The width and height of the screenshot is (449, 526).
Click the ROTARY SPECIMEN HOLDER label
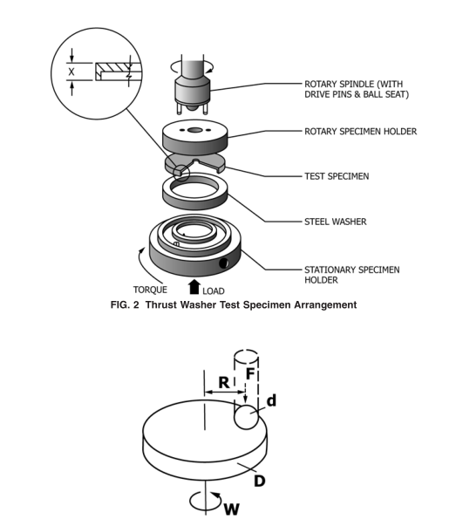click(360, 131)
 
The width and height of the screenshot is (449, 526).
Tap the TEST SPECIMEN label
click(337, 176)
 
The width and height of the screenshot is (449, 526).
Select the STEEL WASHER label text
click(336, 222)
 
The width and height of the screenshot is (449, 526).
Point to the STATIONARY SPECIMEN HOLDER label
click(351, 275)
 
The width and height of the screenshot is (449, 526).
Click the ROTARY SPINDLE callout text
click(357, 89)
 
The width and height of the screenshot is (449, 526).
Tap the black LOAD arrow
click(194, 287)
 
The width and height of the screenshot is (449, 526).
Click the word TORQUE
click(150, 289)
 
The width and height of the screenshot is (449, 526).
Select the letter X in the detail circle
click(71, 72)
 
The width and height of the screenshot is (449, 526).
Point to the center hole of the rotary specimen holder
click(194, 130)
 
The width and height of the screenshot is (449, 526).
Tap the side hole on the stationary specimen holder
click(224, 263)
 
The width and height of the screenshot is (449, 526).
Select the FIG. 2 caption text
click(234, 304)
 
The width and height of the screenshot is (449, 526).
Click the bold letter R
click(224, 382)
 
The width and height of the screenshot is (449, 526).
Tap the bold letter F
click(251, 373)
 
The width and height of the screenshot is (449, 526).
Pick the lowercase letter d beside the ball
click(271, 400)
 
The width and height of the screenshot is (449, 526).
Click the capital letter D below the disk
click(260, 481)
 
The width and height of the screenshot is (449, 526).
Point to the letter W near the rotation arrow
click(231, 509)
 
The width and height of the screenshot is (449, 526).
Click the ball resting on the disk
click(246, 417)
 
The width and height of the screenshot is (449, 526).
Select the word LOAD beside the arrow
click(214, 290)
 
